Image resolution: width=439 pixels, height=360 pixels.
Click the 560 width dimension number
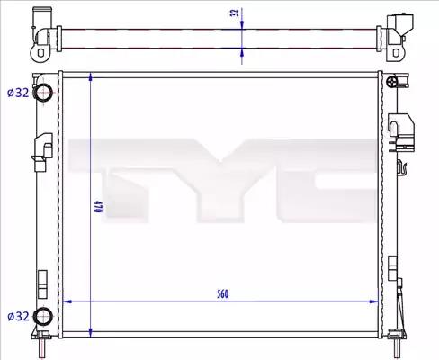(223, 294)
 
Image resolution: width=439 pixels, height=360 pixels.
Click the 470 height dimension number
(96, 207)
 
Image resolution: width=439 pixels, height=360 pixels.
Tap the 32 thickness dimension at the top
(236, 13)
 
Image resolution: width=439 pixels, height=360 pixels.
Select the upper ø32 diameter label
(18, 93)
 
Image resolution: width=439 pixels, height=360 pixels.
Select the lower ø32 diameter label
(18, 316)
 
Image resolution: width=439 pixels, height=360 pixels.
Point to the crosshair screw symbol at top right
(391, 81)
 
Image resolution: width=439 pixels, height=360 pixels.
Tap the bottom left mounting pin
(42, 346)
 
